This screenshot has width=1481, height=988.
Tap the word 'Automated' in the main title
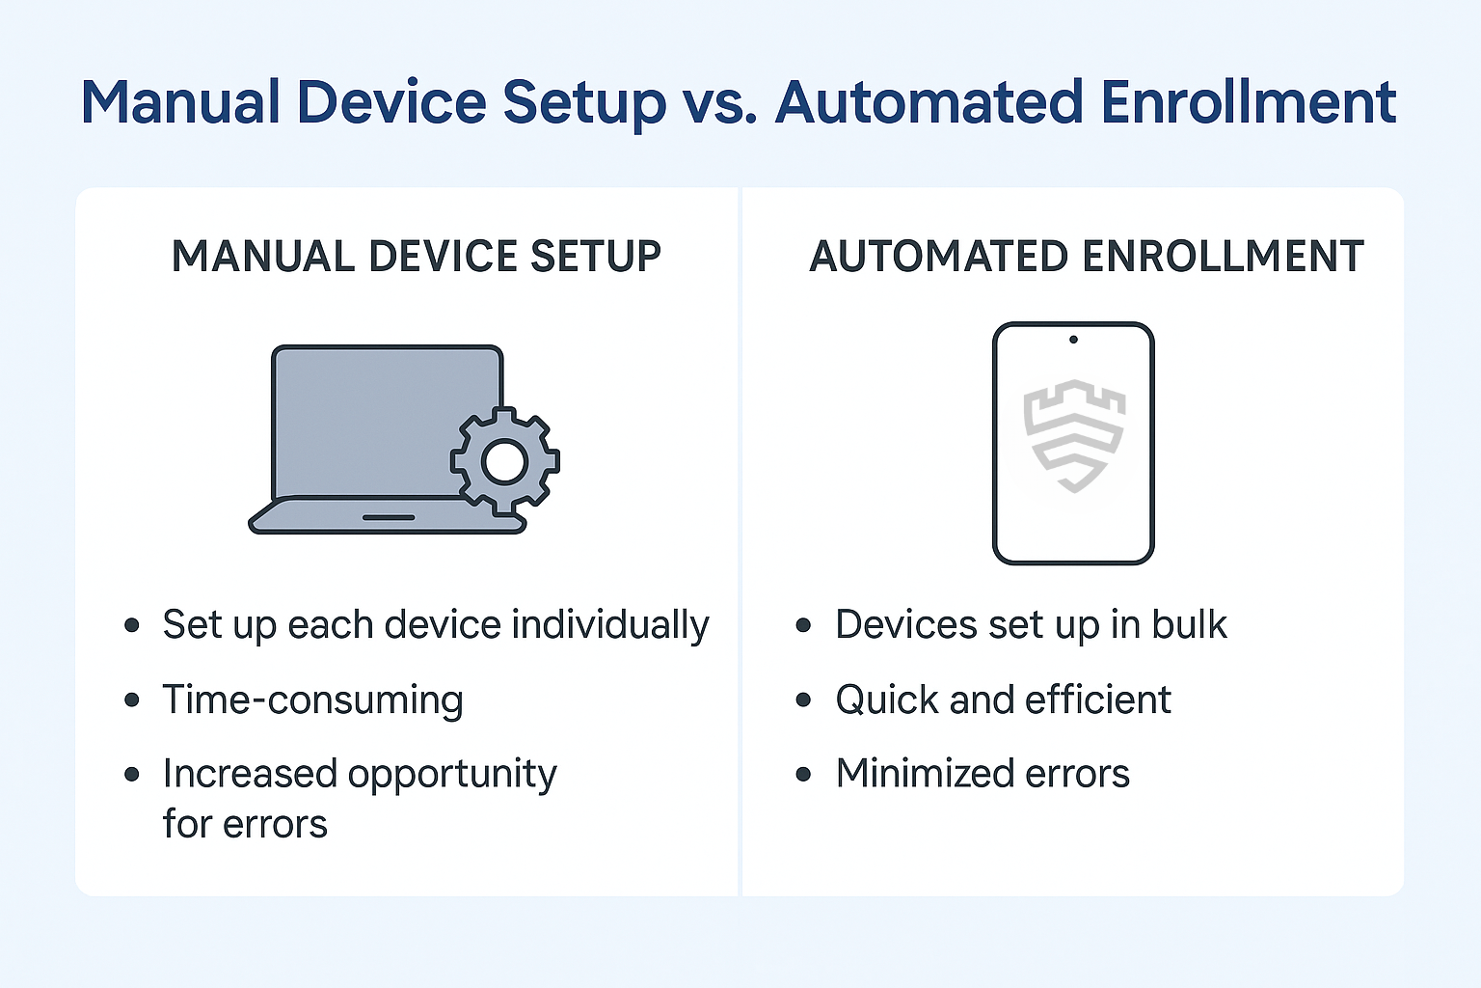(x=929, y=101)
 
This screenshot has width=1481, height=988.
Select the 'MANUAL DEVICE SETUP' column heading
(x=416, y=256)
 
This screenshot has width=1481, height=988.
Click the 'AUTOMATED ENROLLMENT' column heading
(x=1087, y=256)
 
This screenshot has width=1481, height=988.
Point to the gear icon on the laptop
(x=505, y=461)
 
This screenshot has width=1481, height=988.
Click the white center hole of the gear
(x=505, y=462)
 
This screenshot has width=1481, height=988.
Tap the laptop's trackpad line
(x=389, y=517)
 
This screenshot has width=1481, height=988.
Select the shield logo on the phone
(x=1074, y=435)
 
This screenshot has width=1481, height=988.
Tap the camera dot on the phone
(x=1074, y=340)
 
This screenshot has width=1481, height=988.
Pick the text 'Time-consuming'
(x=312, y=700)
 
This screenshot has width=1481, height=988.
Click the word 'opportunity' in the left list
(x=452, y=775)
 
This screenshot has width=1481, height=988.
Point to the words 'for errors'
(x=245, y=824)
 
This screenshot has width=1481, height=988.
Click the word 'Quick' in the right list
(x=887, y=700)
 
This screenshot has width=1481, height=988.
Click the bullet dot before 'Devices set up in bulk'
(x=803, y=625)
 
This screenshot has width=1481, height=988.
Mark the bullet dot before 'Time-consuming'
(x=131, y=700)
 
